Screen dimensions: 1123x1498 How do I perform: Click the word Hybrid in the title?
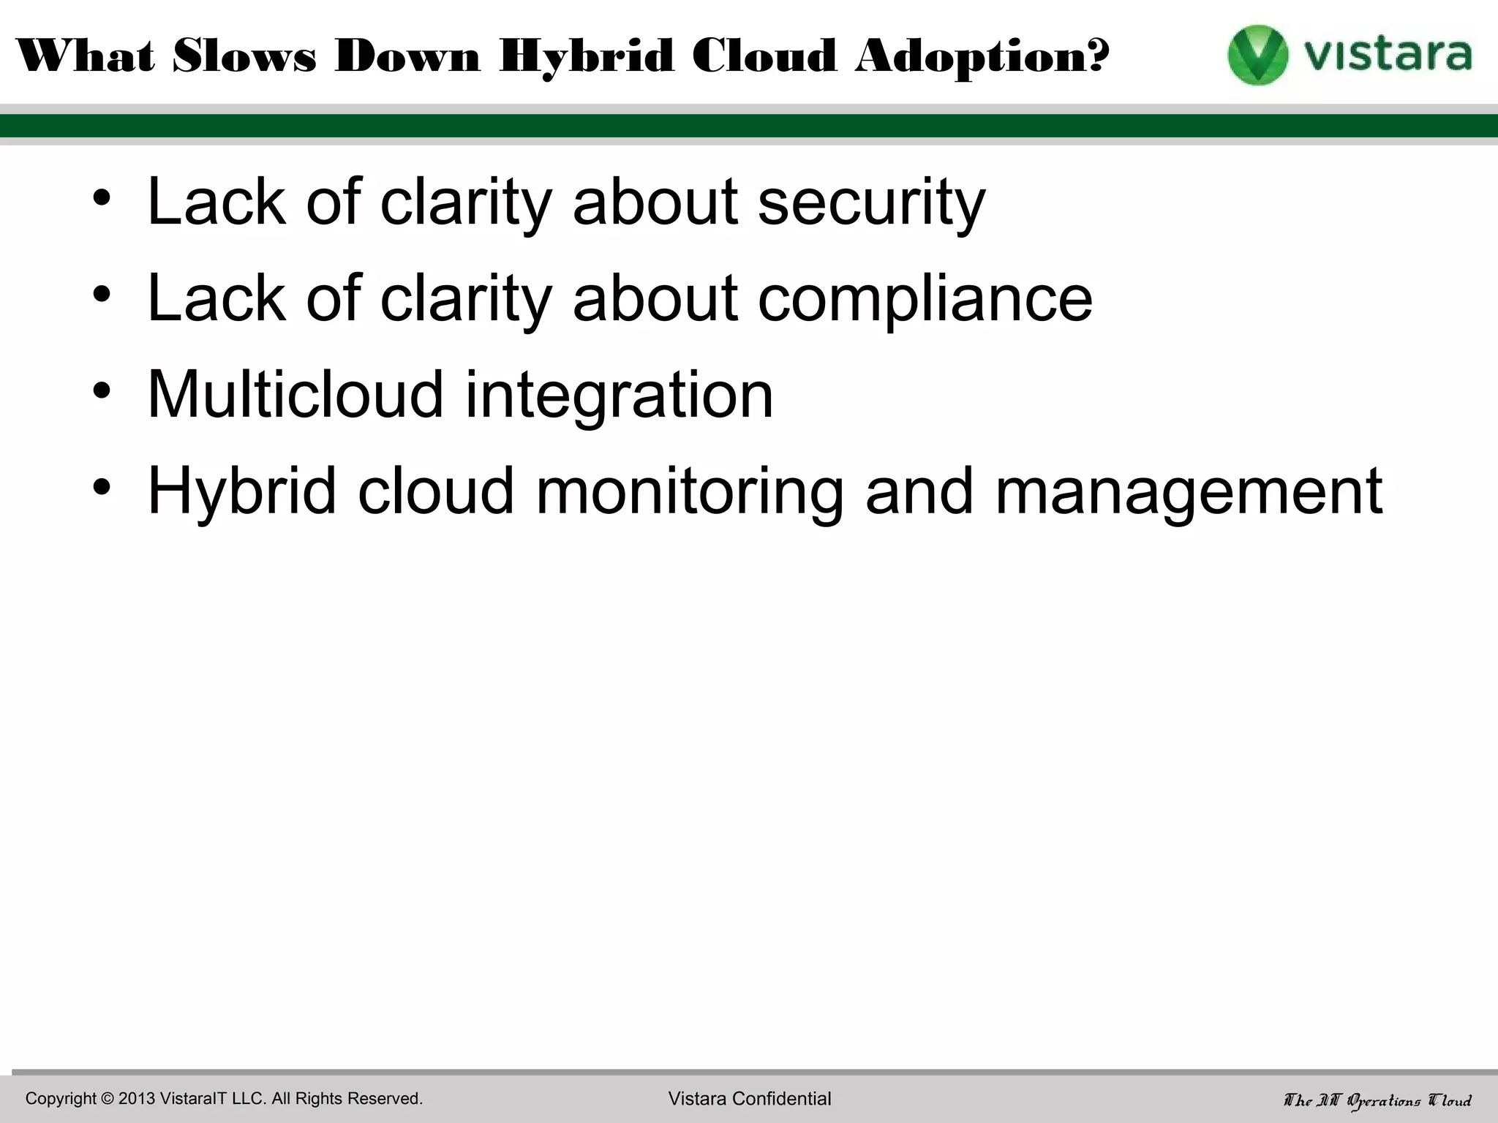pos(586,57)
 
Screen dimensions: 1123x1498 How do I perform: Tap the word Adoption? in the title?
pos(982,57)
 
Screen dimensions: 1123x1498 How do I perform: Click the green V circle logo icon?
pos(1257,55)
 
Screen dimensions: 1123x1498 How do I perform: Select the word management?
pos(1189,491)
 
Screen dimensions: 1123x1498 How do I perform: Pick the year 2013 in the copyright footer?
pos(136,1098)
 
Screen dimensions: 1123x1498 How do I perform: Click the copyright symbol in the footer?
pos(108,1098)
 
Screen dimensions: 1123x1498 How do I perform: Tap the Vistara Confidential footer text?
pos(750,1098)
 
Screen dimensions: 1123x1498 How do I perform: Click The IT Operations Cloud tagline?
pos(1377,1100)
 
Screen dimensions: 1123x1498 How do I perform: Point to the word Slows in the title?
pos(244,57)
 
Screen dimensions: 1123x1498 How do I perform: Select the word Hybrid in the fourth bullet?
pos(241,491)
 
